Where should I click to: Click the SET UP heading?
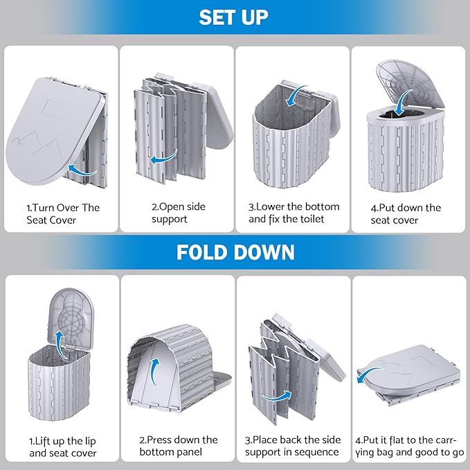[x=235, y=17]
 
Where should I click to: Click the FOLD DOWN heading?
[x=235, y=251]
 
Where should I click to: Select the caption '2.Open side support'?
[x=179, y=213]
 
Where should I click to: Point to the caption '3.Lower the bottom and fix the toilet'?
[x=294, y=213]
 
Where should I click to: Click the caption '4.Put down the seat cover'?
[x=405, y=213]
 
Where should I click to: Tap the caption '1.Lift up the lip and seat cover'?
[x=63, y=446]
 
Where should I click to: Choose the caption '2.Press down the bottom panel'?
[x=179, y=446]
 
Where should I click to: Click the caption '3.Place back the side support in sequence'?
[x=294, y=446]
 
